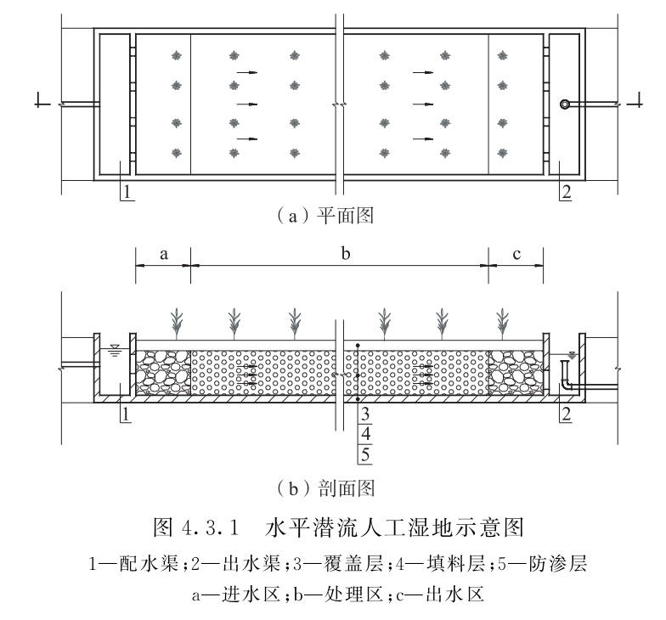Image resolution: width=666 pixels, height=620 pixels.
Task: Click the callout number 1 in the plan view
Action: [125, 192]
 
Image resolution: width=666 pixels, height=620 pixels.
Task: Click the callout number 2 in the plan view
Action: [565, 192]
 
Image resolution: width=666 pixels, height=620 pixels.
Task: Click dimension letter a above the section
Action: [163, 254]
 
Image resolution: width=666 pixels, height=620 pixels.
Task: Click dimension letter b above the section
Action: [341, 254]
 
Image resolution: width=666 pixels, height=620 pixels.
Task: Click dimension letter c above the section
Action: [516, 254]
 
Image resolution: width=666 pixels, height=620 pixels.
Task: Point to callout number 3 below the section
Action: [364, 415]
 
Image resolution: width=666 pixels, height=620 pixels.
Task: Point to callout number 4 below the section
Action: [364, 435]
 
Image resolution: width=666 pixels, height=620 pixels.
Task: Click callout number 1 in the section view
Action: [125, 414]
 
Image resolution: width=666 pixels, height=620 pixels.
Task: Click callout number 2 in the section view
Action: [565, 414]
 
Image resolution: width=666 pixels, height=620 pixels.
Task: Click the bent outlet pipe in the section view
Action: [565, 376]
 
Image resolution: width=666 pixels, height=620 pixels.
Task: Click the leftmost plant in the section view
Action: [176, 322]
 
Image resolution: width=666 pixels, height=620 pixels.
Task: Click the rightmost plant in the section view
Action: [504, 322]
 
